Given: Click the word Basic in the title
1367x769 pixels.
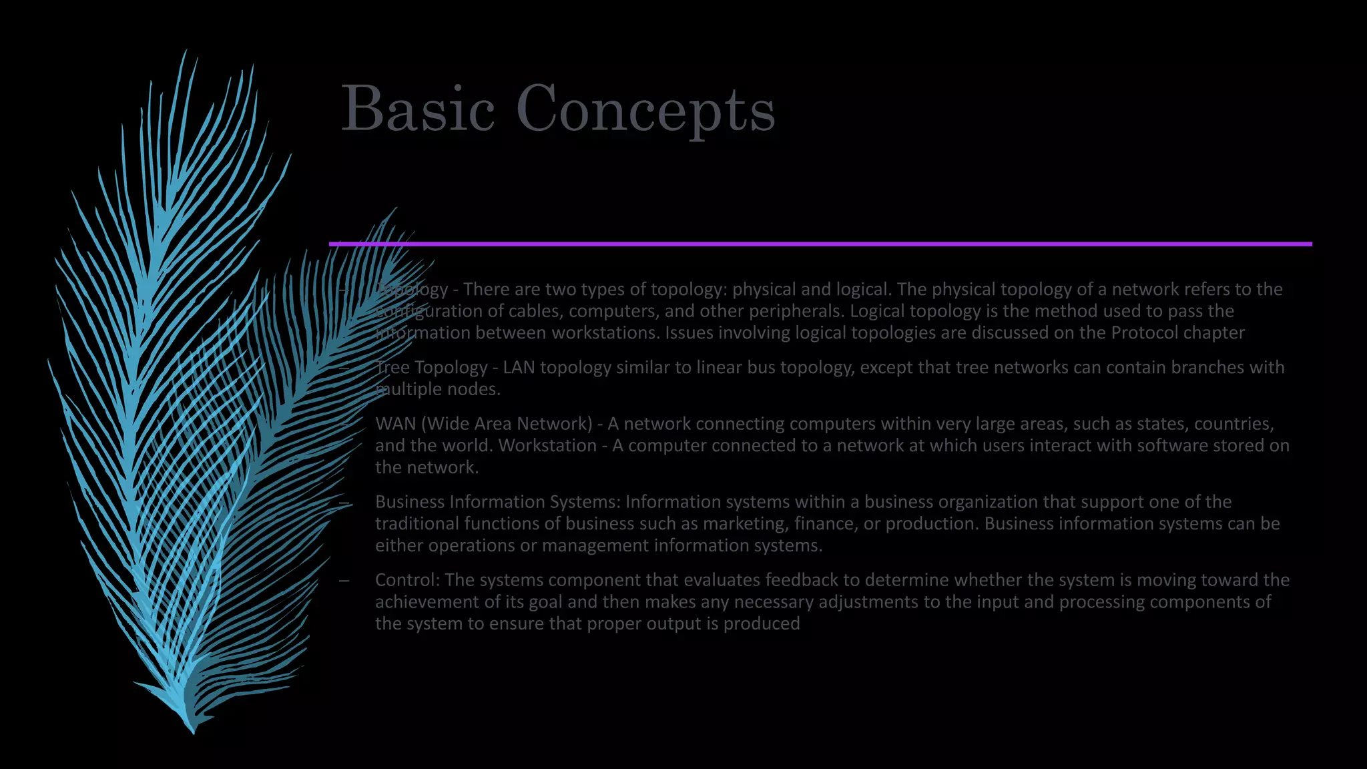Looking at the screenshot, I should (418, 109).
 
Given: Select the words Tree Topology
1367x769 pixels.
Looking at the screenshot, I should (431, 368).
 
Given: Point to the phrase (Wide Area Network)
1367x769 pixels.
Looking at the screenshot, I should (507, 424).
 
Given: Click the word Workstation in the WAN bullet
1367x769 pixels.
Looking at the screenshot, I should (547, 446).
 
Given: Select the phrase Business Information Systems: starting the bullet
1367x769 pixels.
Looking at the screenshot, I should (498, 502).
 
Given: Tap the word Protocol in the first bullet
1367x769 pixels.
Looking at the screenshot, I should (1142, 333).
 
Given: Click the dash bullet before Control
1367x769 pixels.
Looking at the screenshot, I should (344, 581).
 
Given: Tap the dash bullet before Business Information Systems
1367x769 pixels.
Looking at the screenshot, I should (344, 503).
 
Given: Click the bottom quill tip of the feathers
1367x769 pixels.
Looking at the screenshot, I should (193, 731).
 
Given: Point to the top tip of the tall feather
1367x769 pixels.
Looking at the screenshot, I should (185, 52).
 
